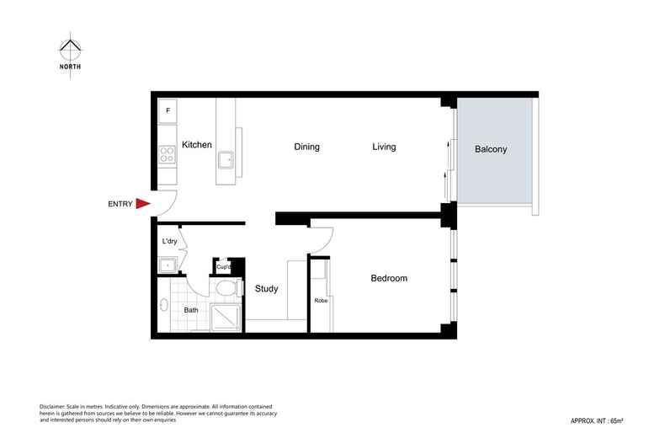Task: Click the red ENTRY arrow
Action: [x=142, y=203]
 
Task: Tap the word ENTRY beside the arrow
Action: [x=120, y=204]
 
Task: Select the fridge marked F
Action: [x=168, y=110]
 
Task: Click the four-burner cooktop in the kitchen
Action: [x=167, y=154]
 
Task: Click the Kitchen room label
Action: [x=197, y=145]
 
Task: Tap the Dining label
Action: [x=306, y=147]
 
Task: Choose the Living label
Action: [x=384, y=147]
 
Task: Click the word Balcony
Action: [x=491, y=149]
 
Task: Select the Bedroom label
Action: [x=389, y=278]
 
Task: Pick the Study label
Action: [x=266, y=289]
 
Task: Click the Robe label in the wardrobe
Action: [x=320, y=301]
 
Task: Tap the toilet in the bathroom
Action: [x=225, y=288]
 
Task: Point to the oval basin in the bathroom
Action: [x=163, y=305]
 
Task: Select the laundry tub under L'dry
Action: [x=168, y=265]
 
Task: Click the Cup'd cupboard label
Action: [x=224, y=267]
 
